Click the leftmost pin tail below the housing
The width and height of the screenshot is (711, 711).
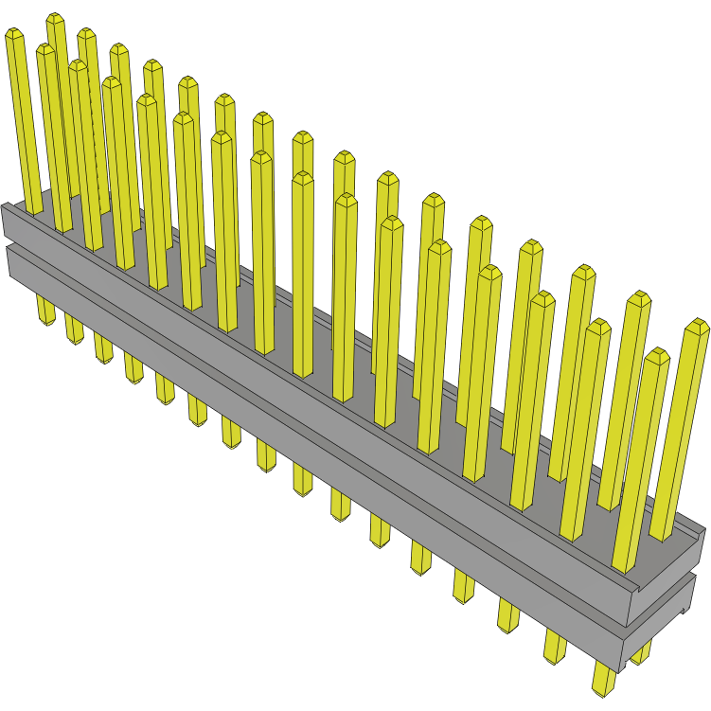point(45,311)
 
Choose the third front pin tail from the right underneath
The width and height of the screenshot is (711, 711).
point(507,616)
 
